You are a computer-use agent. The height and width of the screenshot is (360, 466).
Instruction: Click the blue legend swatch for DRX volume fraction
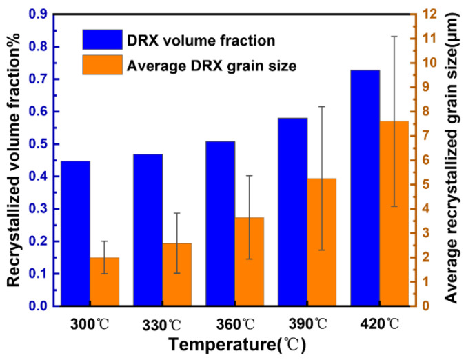point(102,39)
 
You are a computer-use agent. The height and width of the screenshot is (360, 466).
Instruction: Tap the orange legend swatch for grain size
point(102,66)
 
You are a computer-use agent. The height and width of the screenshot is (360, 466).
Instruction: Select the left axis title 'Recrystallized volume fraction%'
point(14,159)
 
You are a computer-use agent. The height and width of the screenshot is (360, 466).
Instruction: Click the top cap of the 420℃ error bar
point(394,36)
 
